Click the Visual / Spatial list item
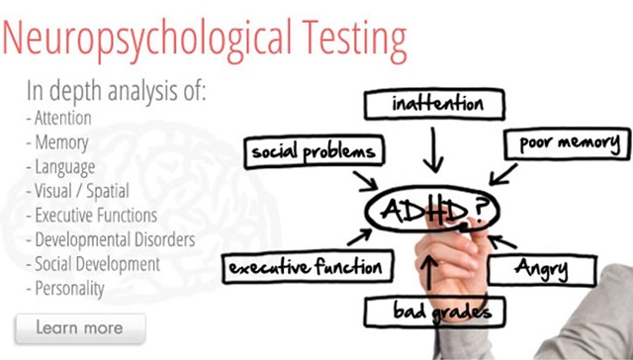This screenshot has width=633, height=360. point(78,192)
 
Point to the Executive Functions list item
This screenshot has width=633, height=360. point(95,216)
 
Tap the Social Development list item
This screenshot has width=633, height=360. point(96,264)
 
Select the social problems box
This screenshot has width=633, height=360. point(313,151)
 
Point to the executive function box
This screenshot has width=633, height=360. point(304,266)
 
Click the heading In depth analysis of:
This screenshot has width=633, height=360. point(117,93)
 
